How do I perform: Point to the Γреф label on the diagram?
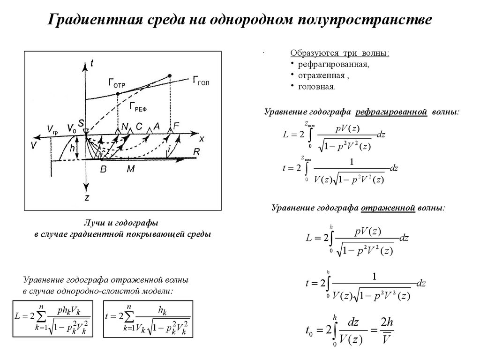click(x=139, y=107)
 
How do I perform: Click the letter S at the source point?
click(x=81, y=123)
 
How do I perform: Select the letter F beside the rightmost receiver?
click(x=176, y=126)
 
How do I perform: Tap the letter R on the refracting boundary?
click(x=197, y=152)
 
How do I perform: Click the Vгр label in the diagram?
click(x=53, y=128)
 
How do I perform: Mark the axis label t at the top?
click(x=91, y=66)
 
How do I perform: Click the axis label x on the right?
click(x=202, y=139)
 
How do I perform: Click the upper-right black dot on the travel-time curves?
click(x=170, y=75)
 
